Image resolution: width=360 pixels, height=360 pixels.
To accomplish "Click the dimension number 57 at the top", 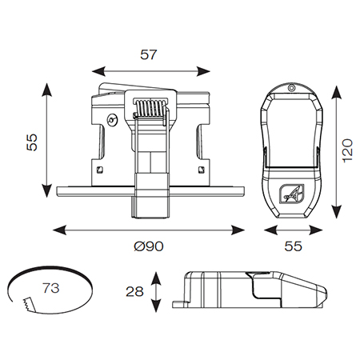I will point(150,55).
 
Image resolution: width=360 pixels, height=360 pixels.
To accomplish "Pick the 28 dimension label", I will point(135,292).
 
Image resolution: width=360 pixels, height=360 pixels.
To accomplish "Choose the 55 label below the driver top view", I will point(294,247).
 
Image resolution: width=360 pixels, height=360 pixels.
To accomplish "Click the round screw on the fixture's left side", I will point(112,120).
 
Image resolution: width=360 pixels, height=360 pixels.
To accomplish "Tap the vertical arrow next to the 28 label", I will point(157,292).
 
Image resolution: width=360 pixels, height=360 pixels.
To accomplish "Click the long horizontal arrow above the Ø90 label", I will point(149,230).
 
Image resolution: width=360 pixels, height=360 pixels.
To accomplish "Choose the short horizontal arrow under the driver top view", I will point(294,230).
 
